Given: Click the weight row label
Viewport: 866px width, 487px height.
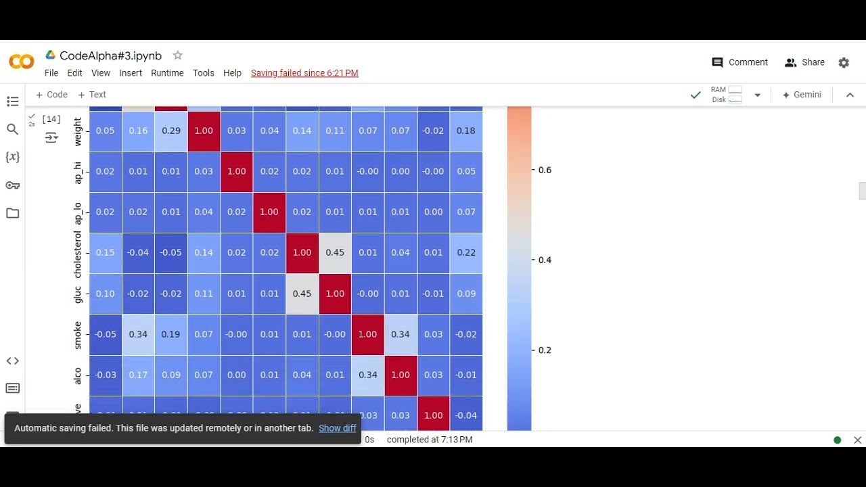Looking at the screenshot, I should pos(77,131).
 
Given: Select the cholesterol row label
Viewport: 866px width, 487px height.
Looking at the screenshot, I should pos(77,253).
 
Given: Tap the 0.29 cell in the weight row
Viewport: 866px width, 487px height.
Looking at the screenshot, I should pos(171,131).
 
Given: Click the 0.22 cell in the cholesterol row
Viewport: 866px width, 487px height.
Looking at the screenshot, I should pos(466,252).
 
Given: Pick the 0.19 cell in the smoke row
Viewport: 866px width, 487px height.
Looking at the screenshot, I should pos(171,334).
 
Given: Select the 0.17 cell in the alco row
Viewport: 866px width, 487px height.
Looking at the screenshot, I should pos(138,375).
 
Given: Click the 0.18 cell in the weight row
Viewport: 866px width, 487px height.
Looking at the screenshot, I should pos(466,131).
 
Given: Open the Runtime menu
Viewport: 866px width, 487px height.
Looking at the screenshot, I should pos(167,73).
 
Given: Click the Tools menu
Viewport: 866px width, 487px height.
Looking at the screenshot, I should pos(203,73).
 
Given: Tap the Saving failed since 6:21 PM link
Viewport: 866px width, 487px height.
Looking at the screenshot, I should pos(304,73).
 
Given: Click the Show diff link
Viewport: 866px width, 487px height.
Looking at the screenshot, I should pos(338,428).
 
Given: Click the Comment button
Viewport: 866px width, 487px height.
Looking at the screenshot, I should pos(740,62).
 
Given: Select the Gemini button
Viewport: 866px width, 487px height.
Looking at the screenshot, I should pos(802,95).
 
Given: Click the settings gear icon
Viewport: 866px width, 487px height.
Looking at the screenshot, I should pos(844,62).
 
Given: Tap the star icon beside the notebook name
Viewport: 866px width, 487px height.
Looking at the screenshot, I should pos(177,55).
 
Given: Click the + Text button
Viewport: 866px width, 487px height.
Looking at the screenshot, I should pos(92,95).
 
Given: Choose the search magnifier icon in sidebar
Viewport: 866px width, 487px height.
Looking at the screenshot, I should pos(12,129).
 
